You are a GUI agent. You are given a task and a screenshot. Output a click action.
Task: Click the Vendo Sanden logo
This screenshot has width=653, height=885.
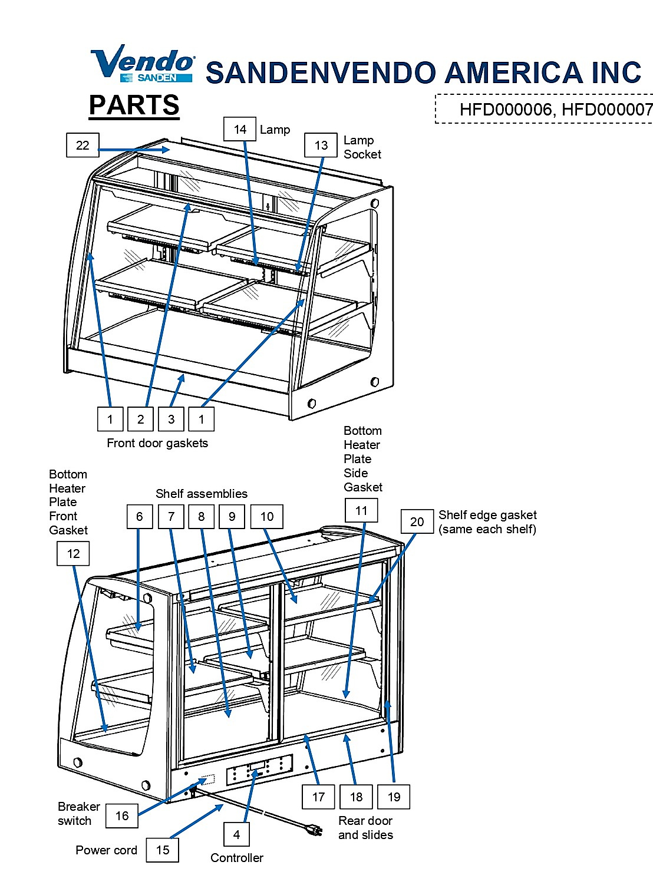(x=142, y=64)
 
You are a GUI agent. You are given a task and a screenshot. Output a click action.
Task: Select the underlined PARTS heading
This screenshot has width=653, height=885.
(x=134, y=105)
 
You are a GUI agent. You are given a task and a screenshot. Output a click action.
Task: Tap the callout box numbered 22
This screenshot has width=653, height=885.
(x=83, y=145)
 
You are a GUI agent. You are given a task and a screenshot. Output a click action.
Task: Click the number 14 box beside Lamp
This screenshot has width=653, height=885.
(x=239, y=129)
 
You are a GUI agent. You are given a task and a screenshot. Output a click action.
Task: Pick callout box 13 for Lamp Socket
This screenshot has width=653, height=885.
(x=321, y=145)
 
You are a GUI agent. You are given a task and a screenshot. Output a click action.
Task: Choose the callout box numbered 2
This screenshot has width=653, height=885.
(x=140, y=419)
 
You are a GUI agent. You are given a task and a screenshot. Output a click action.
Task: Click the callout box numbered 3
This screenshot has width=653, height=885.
(x=171, y=419)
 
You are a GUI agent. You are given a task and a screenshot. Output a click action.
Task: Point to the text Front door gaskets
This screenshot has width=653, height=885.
(x=157, y=443)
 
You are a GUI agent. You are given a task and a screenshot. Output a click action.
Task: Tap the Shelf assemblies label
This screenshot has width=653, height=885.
(x=202, y=493)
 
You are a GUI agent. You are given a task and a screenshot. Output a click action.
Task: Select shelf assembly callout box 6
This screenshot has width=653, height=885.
(x=140, y=516)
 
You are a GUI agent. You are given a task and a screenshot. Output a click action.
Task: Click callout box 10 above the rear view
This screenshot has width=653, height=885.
(x=267, y=516)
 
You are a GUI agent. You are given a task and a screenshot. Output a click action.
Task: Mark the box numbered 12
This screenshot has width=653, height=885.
(x=73, y=553)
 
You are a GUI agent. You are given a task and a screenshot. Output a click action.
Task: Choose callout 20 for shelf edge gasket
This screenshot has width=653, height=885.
(x=417, y=521)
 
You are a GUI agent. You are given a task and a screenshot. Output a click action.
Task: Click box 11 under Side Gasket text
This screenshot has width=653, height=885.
(x=361, y=510)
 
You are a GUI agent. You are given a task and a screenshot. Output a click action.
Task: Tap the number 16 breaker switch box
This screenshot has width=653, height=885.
(x=122, y=815)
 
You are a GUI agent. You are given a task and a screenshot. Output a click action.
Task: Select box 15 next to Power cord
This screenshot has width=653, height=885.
(x=163, y=850)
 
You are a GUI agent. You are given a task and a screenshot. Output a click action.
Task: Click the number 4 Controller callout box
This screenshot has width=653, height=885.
(x=236, y=834)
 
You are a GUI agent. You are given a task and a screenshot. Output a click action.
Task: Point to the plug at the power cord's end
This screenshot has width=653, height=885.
(x=315, y=830)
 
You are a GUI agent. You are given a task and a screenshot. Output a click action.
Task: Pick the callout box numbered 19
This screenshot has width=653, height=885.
(x=394, y=797)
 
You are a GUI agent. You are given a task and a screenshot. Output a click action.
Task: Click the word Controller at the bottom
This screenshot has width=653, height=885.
(x=237, y=858)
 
